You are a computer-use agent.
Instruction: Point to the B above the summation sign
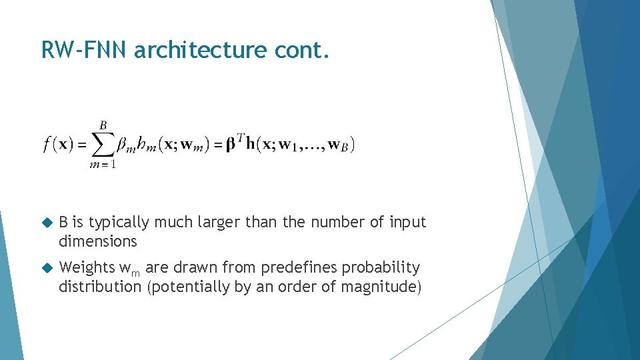click(x=103, y=125)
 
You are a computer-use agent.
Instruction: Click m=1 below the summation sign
click(x=103, y=165)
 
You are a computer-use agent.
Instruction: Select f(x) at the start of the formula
click(x=59, y=144)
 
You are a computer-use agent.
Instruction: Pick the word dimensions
click(x=97, y=241)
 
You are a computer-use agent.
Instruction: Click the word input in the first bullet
click(x=407, y=222)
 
